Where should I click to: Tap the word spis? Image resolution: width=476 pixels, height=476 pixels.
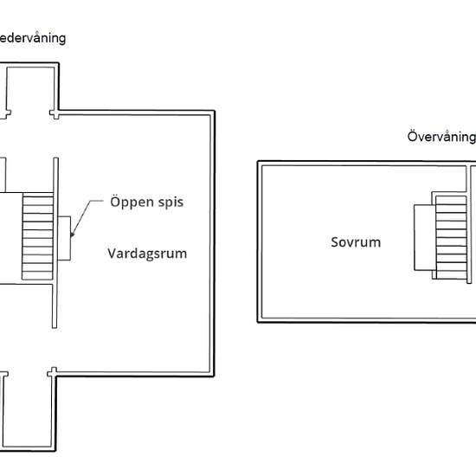click(x=170, y=202)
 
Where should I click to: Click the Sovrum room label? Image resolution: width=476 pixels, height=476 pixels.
click(x=355, y=242)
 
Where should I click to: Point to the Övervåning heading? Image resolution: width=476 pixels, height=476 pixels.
click(x=441, y=137)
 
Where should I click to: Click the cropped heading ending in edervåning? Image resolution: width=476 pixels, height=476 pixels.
click(x=33, y=38)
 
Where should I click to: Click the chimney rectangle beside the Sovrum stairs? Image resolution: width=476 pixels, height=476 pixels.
click(x=423, y=237)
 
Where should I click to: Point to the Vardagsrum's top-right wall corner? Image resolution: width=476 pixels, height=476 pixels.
click(x=213, y=113)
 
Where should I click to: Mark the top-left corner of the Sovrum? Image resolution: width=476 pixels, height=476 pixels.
click(x=259, y=162)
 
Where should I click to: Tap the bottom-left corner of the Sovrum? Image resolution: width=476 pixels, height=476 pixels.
click(x=259, y=321)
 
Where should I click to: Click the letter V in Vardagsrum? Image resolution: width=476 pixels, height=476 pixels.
click(x=113, y=254)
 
